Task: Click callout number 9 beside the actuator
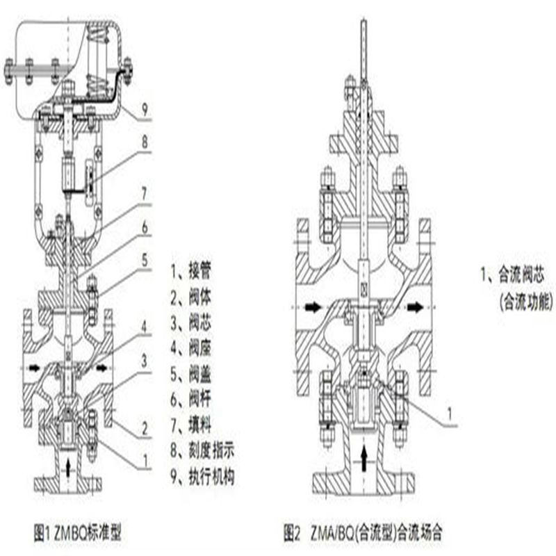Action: point(145,108)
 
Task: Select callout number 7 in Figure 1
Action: point(145,188)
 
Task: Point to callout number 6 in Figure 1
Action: point(145,226)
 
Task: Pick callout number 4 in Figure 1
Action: point(145,325)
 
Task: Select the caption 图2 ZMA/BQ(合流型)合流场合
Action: point(363,534)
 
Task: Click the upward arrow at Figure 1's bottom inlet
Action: point(67,466)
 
